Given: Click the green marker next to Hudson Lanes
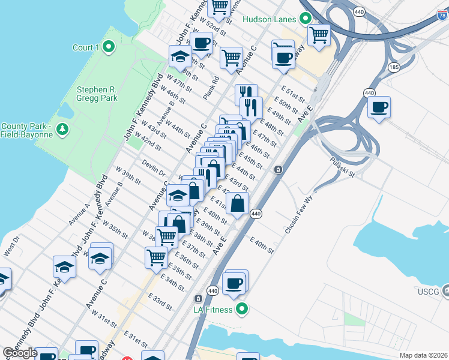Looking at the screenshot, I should tap(305, 19).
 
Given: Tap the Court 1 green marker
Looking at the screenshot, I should tap(109, 46).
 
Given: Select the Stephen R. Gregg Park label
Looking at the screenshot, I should tap(97, 94).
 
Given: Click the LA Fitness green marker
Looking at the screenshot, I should tap(242, 309).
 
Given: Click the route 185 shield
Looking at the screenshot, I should tap(393, 68).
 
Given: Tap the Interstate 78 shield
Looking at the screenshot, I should tap(442, 16).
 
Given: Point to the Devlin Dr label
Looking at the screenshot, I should tap(154, 166).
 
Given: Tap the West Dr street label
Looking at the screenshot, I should tap(11, 245).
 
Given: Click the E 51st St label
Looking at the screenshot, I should tap(294, 94).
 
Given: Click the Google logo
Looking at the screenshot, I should tap(20, 353).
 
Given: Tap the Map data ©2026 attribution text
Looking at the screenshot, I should tap(423, 355).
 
